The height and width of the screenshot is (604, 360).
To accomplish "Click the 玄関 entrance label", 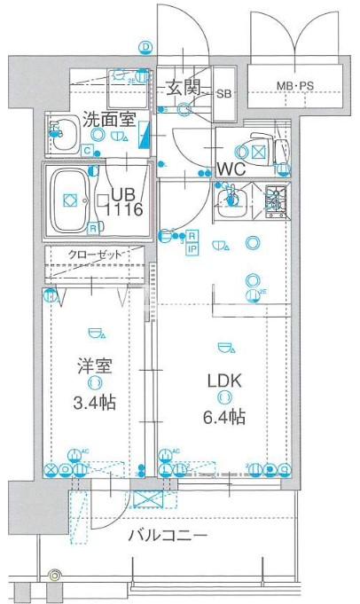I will (184, 89).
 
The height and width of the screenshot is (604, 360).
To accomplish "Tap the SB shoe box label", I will (223, 93).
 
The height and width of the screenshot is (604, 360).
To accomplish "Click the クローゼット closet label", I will (95, 255).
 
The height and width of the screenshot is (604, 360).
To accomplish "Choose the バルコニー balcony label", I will (167, 537).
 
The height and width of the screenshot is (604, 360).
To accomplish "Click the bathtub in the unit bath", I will (68, 200).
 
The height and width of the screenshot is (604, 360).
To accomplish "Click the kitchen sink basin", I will (233, 200).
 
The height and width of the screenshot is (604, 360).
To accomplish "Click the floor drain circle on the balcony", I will (56, 577).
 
